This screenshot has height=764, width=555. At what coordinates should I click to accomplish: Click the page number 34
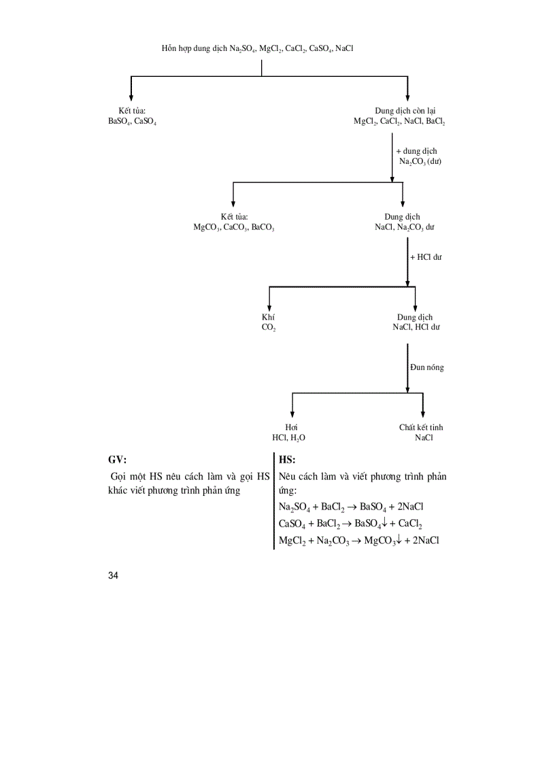point(113,576)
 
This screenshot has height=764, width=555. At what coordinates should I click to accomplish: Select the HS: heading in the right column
point(287,460)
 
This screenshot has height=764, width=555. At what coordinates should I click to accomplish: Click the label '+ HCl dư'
point(426,257)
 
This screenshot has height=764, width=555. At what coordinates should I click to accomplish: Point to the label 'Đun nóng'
point(426,367)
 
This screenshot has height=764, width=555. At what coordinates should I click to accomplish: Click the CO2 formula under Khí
point(269,327)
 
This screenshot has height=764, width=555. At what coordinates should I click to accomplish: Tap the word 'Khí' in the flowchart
point(268,317)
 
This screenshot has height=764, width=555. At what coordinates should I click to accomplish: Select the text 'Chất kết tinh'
point(421,427)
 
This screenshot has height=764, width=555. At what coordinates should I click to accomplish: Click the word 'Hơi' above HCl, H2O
point(292,427)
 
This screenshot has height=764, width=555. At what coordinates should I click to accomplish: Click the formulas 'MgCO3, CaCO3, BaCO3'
point(234,228)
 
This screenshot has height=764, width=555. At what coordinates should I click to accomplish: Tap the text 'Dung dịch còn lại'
point(405,111)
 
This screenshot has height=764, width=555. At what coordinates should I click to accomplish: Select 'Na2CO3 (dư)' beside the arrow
point(420,161)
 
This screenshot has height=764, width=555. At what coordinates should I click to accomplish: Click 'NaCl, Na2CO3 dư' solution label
point(404,228)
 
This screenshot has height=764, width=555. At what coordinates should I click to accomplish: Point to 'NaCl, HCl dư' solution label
point(416,327)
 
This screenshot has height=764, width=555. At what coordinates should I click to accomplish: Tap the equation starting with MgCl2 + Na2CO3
point(358,540)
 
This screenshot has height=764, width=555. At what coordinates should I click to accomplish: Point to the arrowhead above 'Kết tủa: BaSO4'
point(131,97)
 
